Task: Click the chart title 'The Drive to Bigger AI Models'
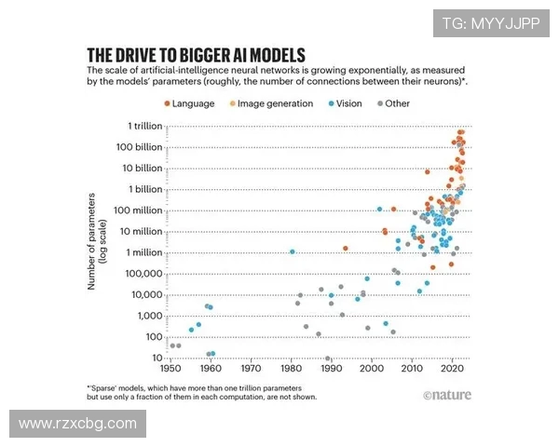click(x=196, y=54)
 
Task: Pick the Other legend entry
click(x=396, y=103)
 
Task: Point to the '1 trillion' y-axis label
click(x=140, y=125)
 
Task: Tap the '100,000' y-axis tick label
click(x=140, y=274)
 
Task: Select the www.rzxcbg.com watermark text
click(x=77, y=424)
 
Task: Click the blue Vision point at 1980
click(x=293, y=251)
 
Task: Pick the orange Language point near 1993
click(x=345, y=248)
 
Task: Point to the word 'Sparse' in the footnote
click(x=104, y=386)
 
